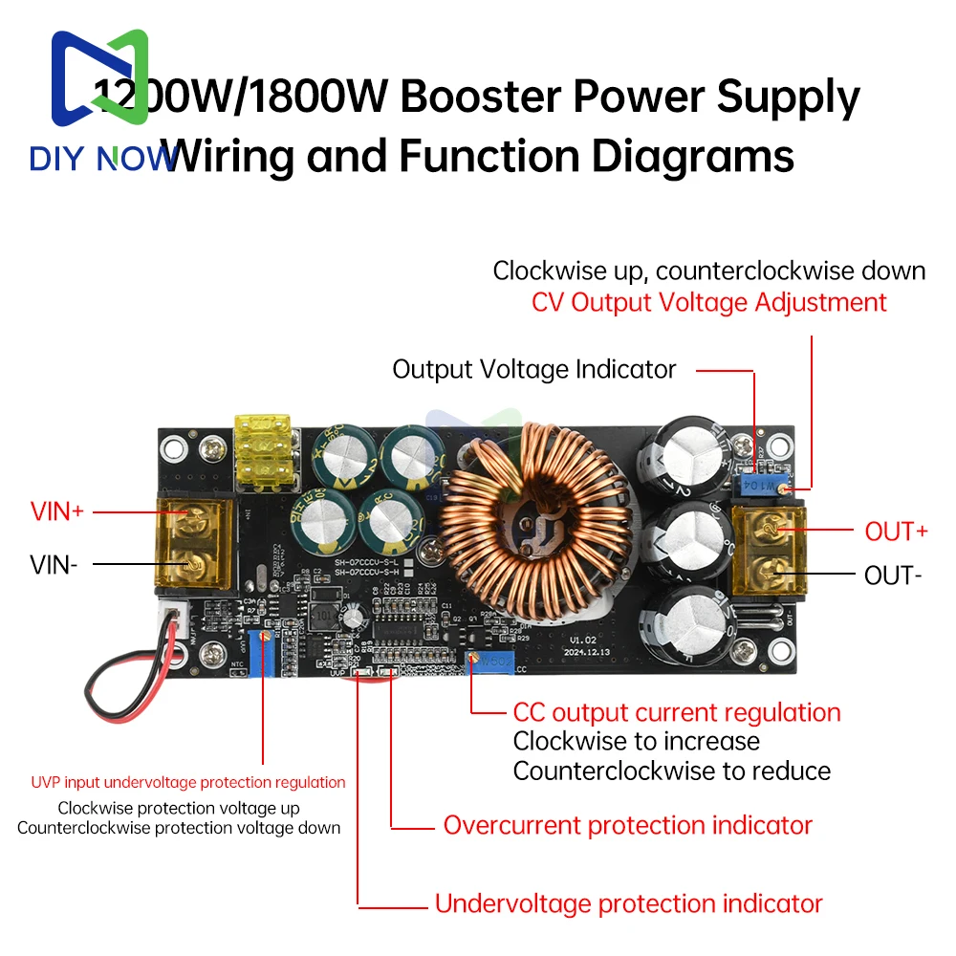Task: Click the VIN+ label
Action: [57, 511]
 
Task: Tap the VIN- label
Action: [54, 564]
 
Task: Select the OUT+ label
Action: [896, 532]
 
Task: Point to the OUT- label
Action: [893, 576]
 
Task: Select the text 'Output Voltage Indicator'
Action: [533, 369]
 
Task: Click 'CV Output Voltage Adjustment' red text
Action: [709, 302]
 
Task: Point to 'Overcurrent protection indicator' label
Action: [627, 825]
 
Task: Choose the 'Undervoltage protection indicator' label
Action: [628, 902]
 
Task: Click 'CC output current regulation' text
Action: [677, 712]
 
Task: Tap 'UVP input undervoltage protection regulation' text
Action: [188, 782]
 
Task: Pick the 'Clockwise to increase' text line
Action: [637, 741]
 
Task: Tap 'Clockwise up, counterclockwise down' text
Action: [709, 271]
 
